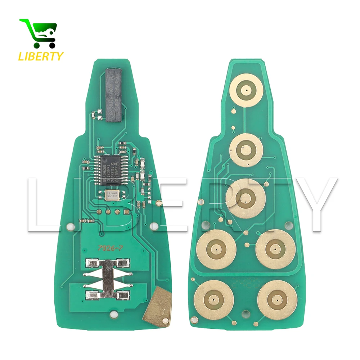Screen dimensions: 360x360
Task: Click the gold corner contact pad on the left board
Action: (x=157, y=303)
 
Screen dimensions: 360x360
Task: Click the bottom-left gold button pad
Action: (x=214, y=300)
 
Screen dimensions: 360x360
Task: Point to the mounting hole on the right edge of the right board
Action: (x=289, y=226)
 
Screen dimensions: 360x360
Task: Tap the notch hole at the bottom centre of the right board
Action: (x=246, y=313)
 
